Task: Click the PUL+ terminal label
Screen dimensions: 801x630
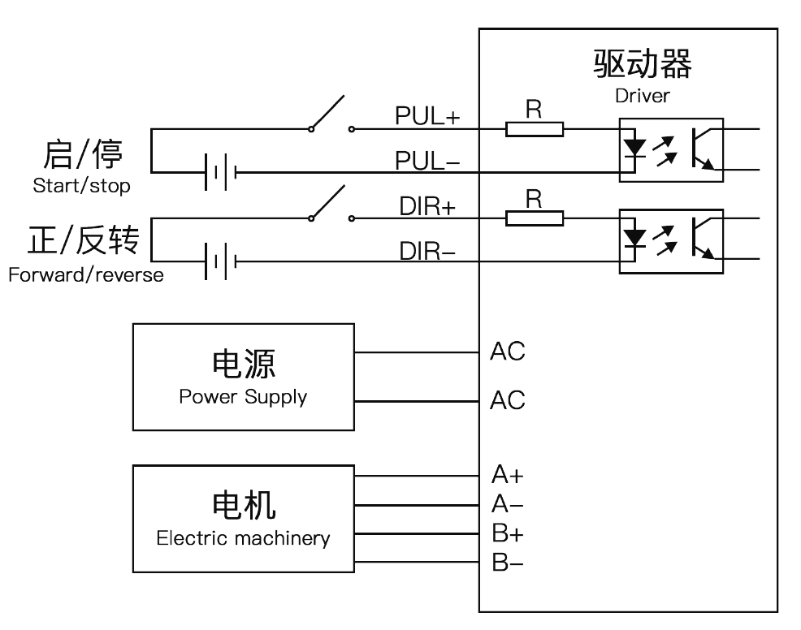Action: point(427,116)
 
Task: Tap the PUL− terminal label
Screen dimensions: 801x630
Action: point(427,161)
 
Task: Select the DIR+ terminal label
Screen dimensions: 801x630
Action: point(427,207)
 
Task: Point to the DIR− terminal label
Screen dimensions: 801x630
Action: point(427,251)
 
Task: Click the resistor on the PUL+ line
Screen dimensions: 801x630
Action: point(535,129)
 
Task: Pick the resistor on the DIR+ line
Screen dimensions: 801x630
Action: point(535,218)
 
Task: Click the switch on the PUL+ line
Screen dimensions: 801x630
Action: point(331,114)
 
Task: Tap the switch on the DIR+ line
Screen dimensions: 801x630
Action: point(331,204)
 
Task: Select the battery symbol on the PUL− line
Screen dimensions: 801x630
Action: point(220,173)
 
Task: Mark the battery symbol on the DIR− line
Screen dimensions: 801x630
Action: point(220,262)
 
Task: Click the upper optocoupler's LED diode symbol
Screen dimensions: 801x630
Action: point(635,149)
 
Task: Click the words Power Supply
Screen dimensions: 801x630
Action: point(243,397)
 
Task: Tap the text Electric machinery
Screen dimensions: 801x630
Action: point(243,538)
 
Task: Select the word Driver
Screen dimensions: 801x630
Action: point(642,96)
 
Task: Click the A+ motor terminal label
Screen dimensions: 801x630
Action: point(507,475)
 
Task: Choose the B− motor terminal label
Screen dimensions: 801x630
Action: point(507,563)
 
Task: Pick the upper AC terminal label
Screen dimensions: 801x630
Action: point(507,352)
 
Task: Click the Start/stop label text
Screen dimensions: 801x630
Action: point(82,185)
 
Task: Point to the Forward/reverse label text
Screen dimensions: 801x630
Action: point(86,274)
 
